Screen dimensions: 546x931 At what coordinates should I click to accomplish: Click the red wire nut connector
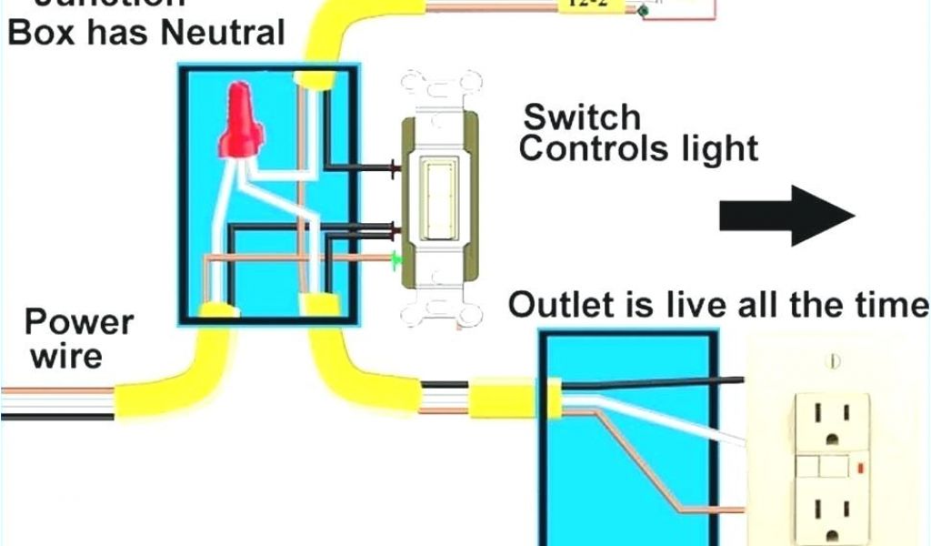(241, 121)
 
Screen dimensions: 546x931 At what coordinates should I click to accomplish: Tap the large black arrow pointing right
(787, 215)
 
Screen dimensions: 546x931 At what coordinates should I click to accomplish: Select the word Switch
(582, 116)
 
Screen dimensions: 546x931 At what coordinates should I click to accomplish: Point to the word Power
(78, 322)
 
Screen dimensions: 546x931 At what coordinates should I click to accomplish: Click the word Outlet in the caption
(557, 306)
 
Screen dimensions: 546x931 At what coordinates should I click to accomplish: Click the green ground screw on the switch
(395, 261)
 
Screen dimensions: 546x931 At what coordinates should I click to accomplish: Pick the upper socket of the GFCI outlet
(834, 421)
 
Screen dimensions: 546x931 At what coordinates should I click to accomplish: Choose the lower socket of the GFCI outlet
(834, 510)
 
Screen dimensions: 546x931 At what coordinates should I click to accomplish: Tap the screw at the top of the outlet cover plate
(835, 362)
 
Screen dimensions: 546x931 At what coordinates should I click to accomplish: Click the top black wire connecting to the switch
(359, 168)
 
